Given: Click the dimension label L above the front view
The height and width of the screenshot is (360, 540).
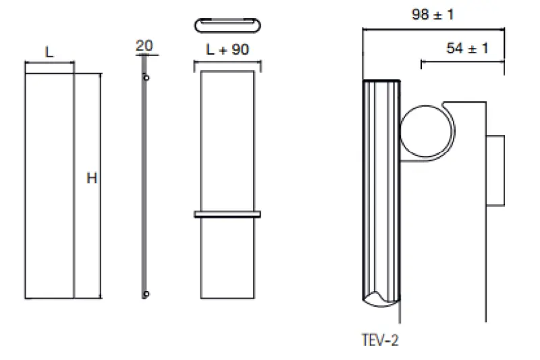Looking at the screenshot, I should pos(49,52).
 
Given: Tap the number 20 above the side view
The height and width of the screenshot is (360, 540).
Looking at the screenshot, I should pos(144,46).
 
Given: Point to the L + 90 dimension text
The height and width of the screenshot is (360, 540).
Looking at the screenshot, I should pos(226,50).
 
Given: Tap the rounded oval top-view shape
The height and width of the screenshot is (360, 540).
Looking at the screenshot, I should pos(227,24).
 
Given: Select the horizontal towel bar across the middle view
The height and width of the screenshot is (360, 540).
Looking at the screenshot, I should pos(227,215).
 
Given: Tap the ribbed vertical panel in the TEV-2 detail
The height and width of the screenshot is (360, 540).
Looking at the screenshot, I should pos(381,189).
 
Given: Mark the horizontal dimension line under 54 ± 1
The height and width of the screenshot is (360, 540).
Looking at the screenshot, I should pos(462,62).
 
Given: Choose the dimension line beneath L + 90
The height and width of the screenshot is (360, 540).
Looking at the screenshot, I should pos(227,63).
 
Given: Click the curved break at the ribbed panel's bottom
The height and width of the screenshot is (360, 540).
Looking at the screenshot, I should pos(381,298).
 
